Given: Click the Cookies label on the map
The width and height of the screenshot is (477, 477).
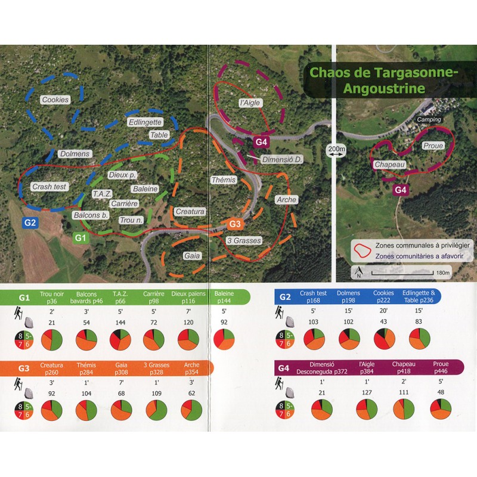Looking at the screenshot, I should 55,100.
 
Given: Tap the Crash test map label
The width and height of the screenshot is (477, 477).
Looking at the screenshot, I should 50,186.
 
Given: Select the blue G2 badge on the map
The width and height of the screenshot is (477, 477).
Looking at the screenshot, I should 30,223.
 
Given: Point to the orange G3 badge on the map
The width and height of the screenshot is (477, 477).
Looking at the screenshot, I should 236,224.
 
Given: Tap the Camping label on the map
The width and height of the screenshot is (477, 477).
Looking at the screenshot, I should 429,120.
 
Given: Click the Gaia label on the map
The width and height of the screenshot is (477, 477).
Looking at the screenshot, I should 192,255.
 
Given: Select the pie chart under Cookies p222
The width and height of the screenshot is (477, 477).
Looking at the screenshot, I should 384,339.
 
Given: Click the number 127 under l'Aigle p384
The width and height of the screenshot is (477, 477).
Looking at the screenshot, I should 367,393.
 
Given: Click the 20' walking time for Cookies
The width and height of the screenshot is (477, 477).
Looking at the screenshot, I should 384,310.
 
